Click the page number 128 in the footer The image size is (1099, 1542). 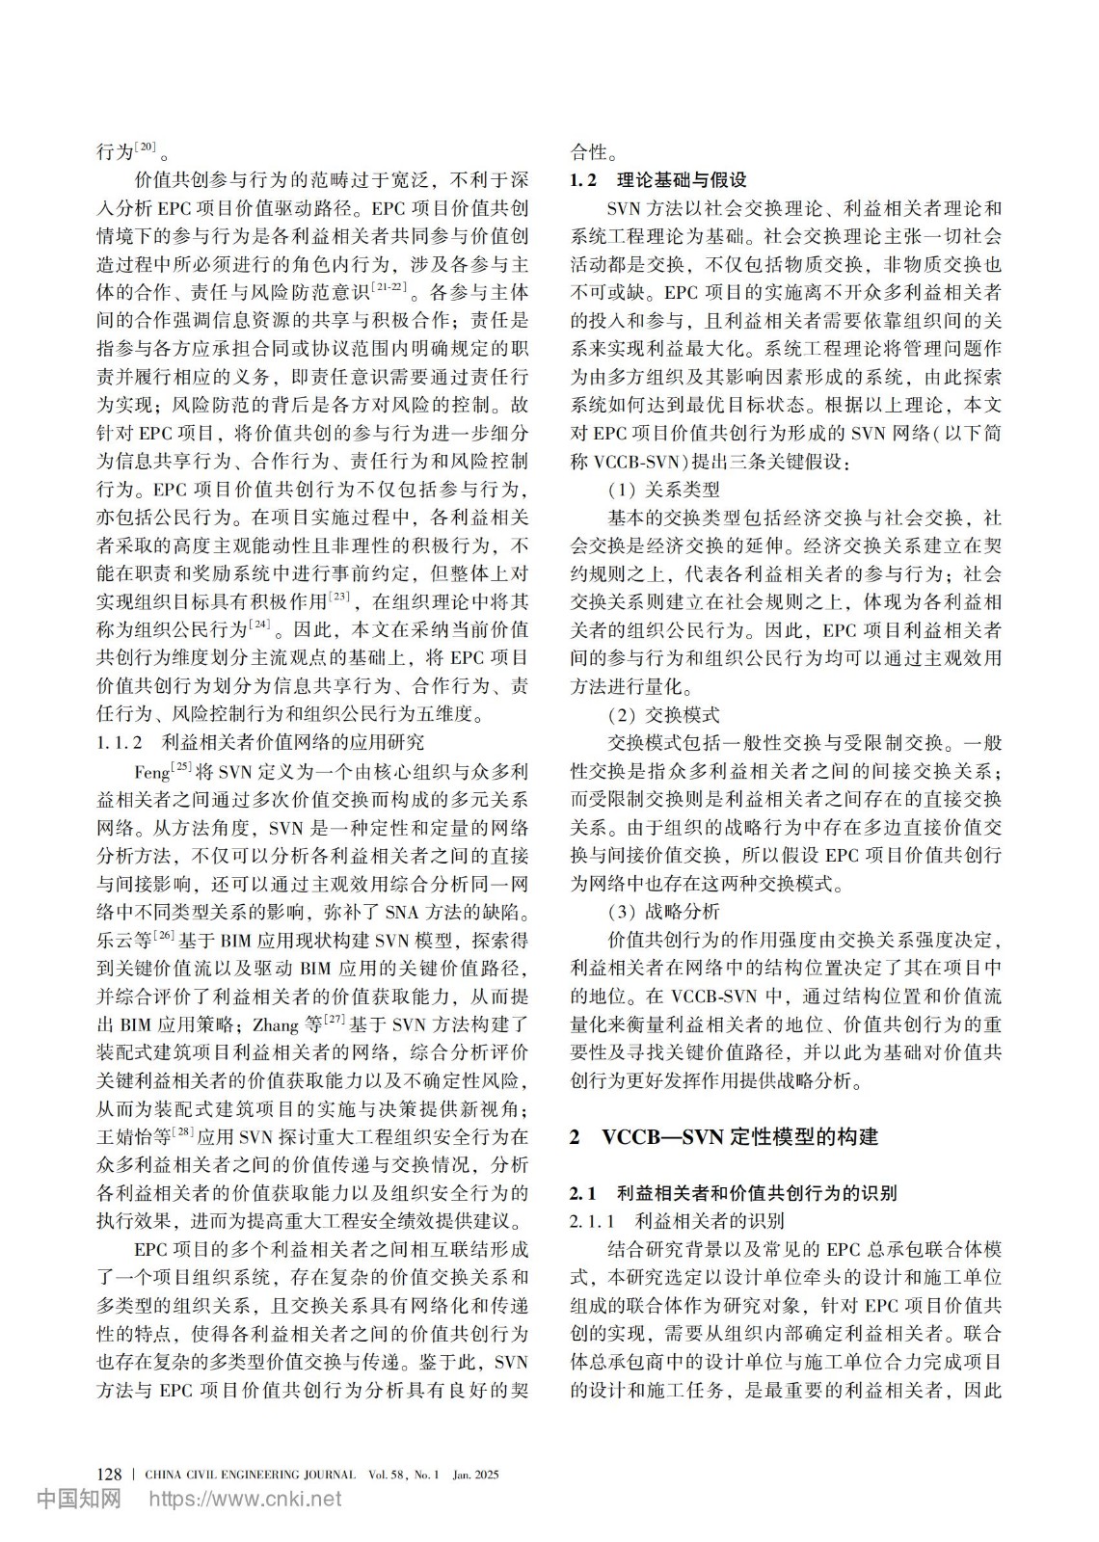tap(110, 1474)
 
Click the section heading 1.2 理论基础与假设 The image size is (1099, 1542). tap(658, 180)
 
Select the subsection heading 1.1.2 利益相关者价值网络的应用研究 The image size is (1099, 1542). tap(260, 742)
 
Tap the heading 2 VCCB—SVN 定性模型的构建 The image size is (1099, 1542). tap(724, 1136)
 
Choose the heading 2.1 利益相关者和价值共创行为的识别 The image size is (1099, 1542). tap(733, 1193)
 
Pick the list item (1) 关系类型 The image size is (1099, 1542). tap(663, 490)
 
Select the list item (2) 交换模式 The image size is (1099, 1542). tap(663, 715)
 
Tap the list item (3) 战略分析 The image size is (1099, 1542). tap(663, 912)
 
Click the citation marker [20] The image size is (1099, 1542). tap(147, 147)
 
